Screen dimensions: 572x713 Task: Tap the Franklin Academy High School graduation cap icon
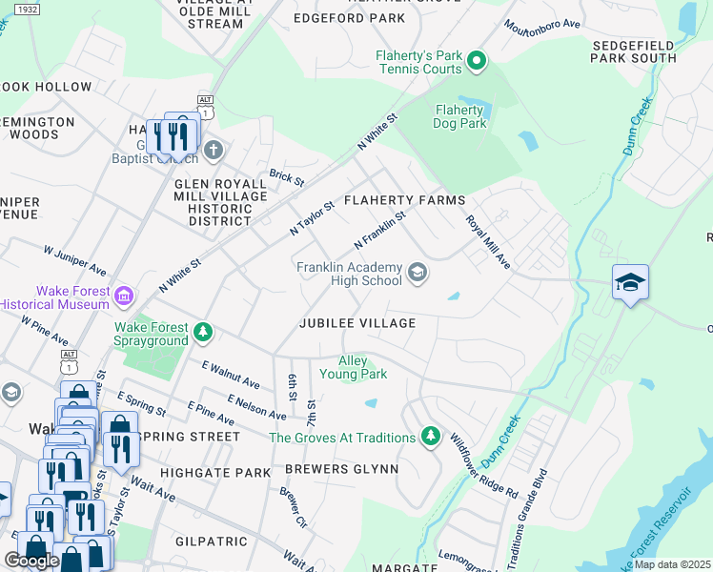[x=417, y=275]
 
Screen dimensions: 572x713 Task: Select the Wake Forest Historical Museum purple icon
[x=122, y=297]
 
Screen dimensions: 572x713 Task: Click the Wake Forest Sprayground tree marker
[x=202, y=332]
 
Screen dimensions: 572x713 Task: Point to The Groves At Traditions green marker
[x=431, y=437]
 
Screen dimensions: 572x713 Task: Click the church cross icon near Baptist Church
[x=213, y=150]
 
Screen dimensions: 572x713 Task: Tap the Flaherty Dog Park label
[x=461, y=115]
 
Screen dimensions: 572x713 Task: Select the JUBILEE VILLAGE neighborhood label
[x=357, y=323]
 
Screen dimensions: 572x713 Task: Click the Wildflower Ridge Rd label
[x=484, y=467]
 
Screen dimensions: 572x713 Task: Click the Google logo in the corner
[x=31, y=560]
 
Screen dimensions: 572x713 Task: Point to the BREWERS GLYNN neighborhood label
[x=340, y=470]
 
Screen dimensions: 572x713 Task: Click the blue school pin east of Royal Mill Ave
[x=630, y=282]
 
